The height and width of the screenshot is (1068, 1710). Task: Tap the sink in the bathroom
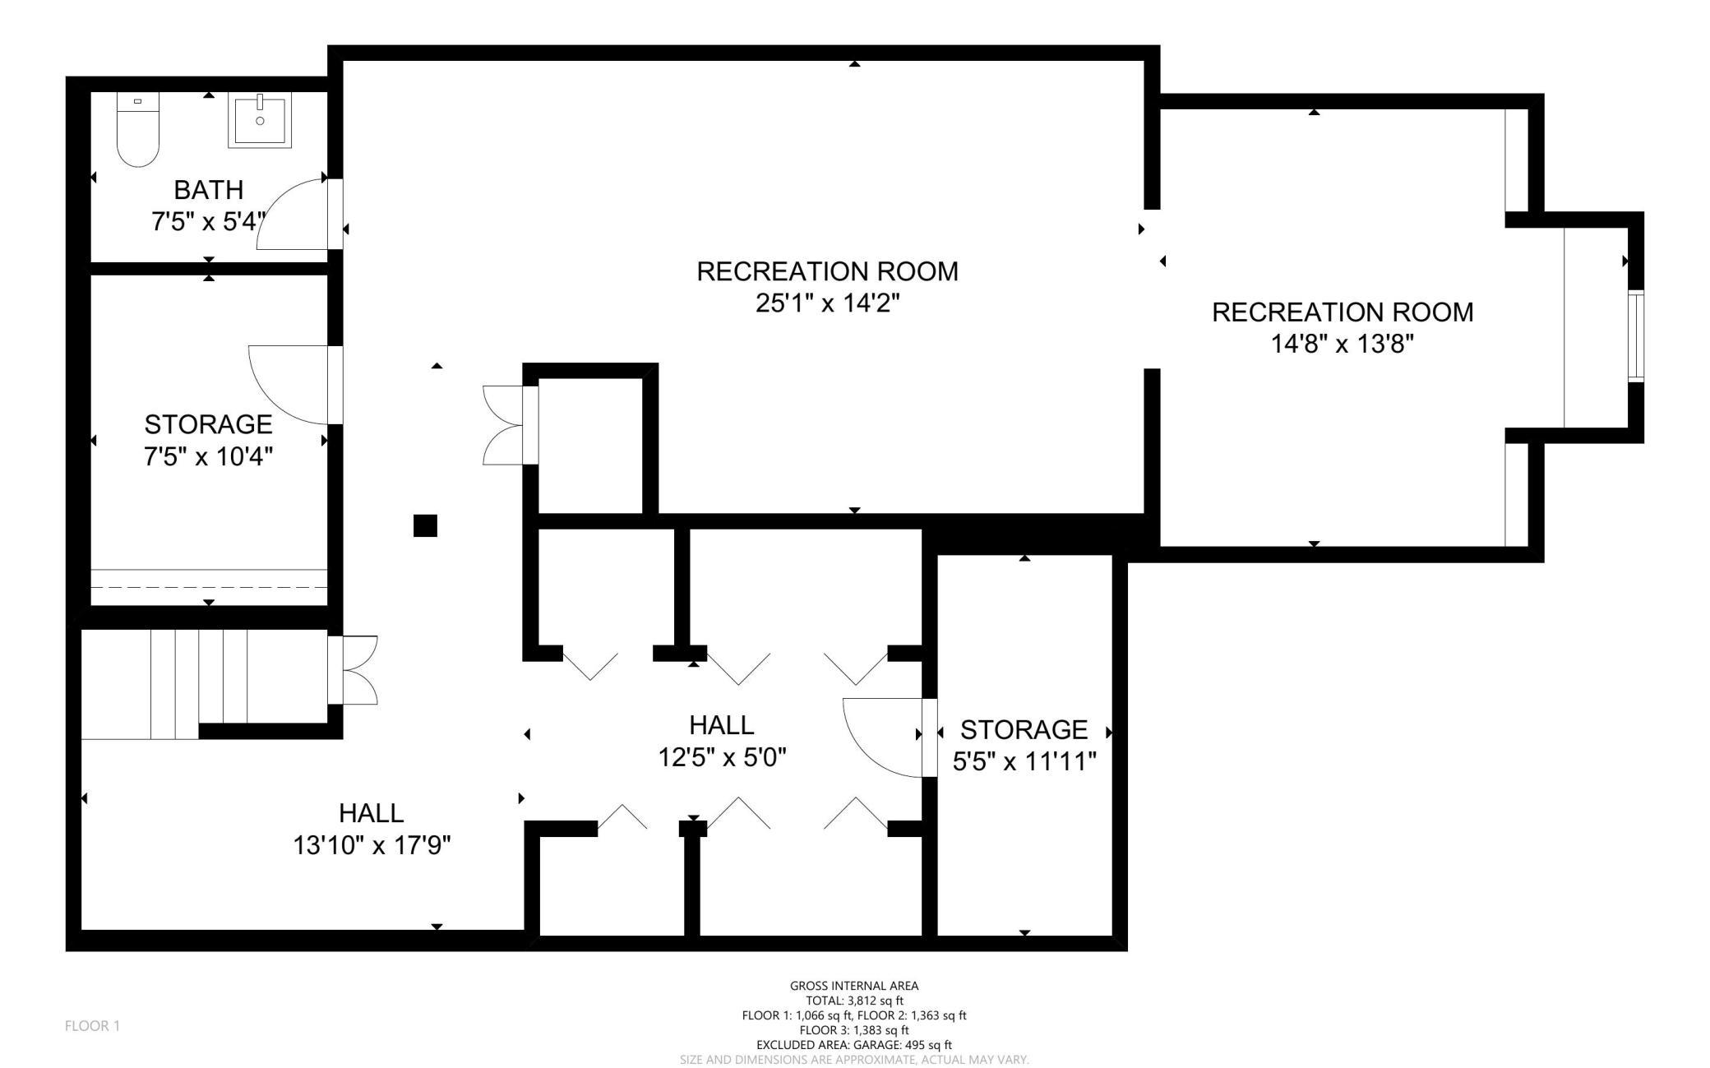pos(260,122)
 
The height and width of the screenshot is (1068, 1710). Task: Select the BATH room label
pos(209,189)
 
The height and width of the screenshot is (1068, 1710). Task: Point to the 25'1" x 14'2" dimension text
pos(828,303)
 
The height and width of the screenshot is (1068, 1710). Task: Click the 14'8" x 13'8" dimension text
pos(1343,344)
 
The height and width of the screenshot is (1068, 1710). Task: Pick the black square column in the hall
pos(425,525)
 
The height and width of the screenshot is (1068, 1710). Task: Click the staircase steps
pos(198,684)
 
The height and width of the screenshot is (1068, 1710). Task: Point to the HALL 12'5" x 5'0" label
pos(722,741)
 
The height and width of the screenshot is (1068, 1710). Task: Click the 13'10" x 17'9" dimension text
pos(372,844)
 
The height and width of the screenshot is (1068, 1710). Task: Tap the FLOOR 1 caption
pos(92,1025)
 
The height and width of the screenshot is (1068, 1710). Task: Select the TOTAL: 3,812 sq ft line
pos(854,1001)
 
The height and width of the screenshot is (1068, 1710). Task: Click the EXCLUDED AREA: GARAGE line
pos(854,1045)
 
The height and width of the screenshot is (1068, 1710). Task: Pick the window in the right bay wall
pos(1635,335)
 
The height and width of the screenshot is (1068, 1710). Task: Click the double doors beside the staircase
pos(353,670)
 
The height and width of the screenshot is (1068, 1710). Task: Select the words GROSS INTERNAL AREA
pos(854,986)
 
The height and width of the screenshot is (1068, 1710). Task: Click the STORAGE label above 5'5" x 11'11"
pos(1024,729)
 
